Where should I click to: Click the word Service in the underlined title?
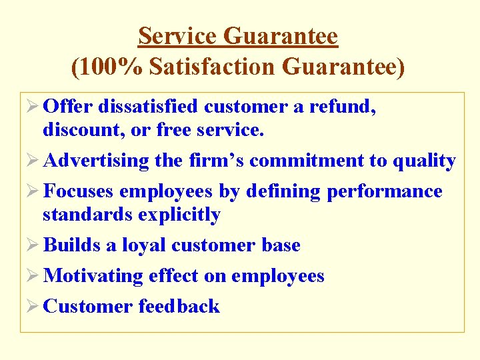pos(178,36)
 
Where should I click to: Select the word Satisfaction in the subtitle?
pos(211,67)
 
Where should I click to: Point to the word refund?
pos(346,107)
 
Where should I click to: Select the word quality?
pos(425,161)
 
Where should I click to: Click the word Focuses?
pos(78,191)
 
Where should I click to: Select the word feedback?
pos(179,307)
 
